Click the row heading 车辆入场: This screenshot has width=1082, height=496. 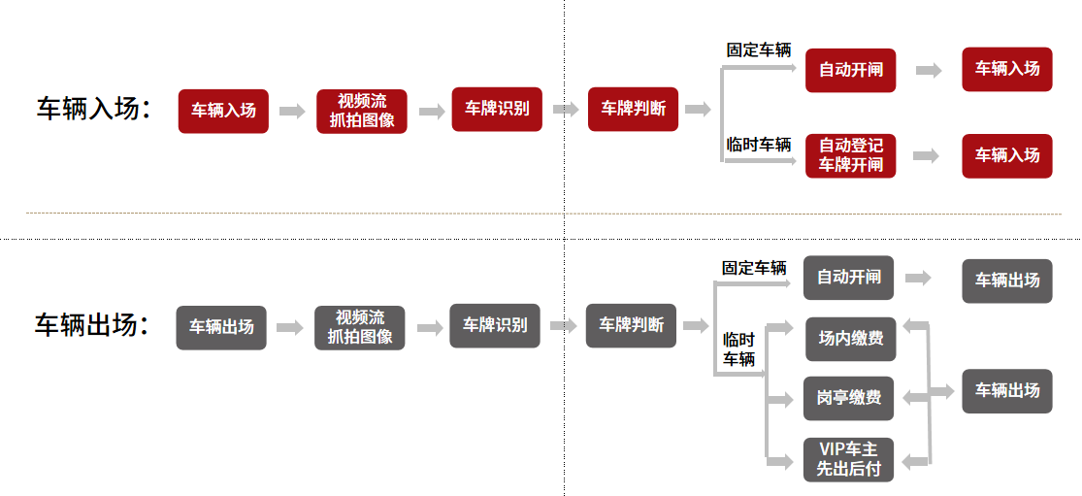pos(93,110)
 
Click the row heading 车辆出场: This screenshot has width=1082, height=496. pos(92,325)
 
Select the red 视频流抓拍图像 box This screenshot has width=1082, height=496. pos(362,112)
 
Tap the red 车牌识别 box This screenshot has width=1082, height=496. pos(497,110)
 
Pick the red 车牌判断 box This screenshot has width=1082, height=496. pos(633,110)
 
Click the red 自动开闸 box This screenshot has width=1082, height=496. pos(850,70)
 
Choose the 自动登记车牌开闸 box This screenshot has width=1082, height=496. pos(850,155)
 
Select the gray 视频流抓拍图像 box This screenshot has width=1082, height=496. pos(360,327)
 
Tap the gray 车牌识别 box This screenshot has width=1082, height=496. pos(495,326)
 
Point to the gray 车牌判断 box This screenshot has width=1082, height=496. pos(631,326)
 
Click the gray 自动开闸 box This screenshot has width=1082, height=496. pos(848,278)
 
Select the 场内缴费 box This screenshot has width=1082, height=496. pos(849,339)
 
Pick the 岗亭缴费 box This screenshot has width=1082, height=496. pos(849,398)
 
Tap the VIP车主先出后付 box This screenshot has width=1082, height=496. pos(849,459)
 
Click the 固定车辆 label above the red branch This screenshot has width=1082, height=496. pos(759,50)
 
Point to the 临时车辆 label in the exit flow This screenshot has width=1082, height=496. pos(738,349)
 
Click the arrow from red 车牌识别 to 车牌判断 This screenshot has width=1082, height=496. pos(566,110)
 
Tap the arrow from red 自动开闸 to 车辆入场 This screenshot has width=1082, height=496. pos(929,70)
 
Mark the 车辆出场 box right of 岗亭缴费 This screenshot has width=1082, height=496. pos(1007,390)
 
